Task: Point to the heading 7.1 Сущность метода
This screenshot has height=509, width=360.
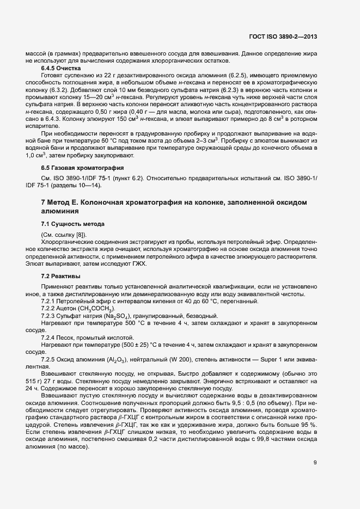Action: (x=72, y=224)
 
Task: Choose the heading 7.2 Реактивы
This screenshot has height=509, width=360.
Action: (x=60, y=276)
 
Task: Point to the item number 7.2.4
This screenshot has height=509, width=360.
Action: (x=49, y=338)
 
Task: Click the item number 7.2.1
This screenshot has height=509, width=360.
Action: (x=49, y=302)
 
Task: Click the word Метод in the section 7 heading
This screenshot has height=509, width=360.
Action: (x=62, y=203)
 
